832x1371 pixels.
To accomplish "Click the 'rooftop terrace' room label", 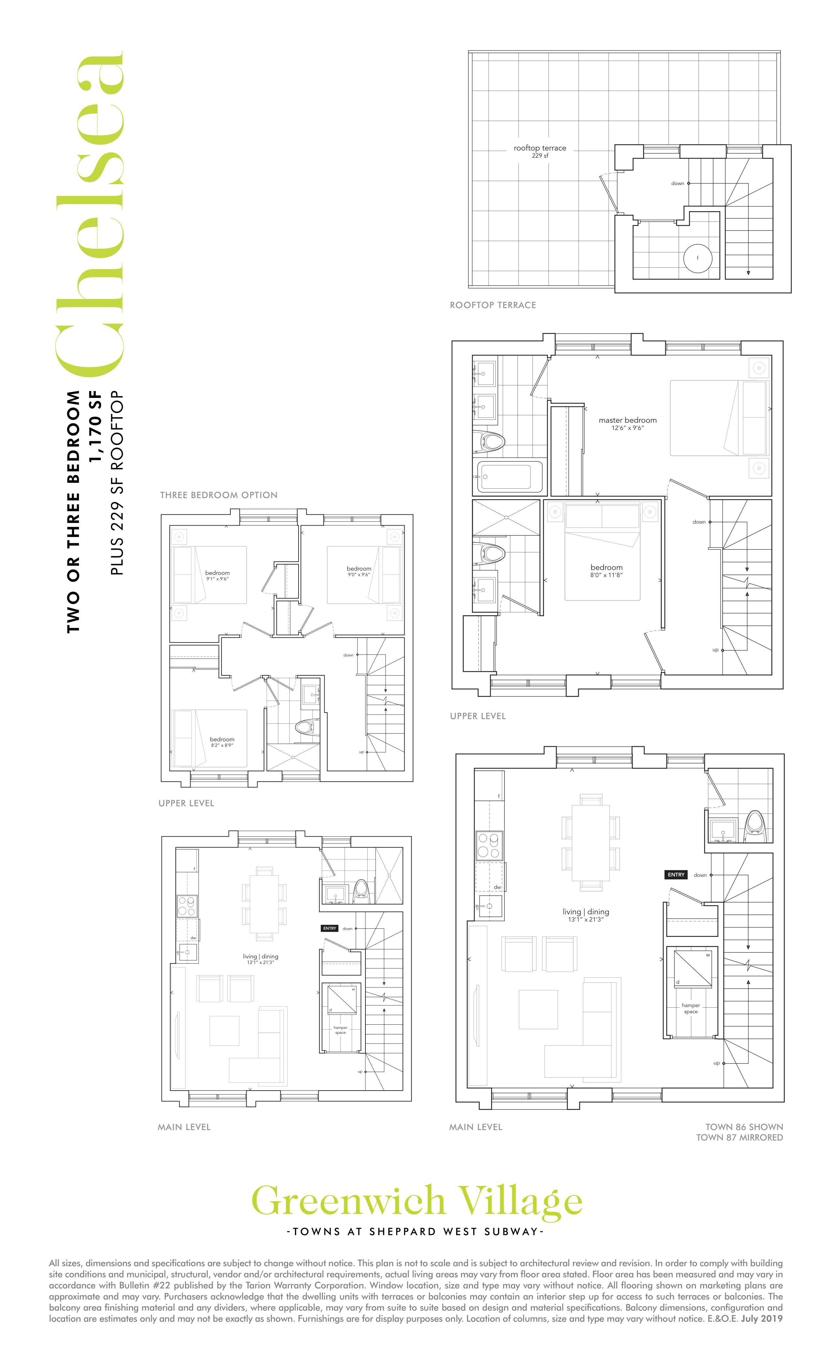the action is click(539, 148).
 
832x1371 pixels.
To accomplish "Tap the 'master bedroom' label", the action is click(627, 420).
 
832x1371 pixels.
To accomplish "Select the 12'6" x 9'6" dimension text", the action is click(628, 428).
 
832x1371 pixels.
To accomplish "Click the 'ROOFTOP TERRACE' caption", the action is click(493, 305).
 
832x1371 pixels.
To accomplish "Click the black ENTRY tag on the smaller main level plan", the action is click(330, 928).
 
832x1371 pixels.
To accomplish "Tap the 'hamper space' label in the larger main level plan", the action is click(691, 1008).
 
